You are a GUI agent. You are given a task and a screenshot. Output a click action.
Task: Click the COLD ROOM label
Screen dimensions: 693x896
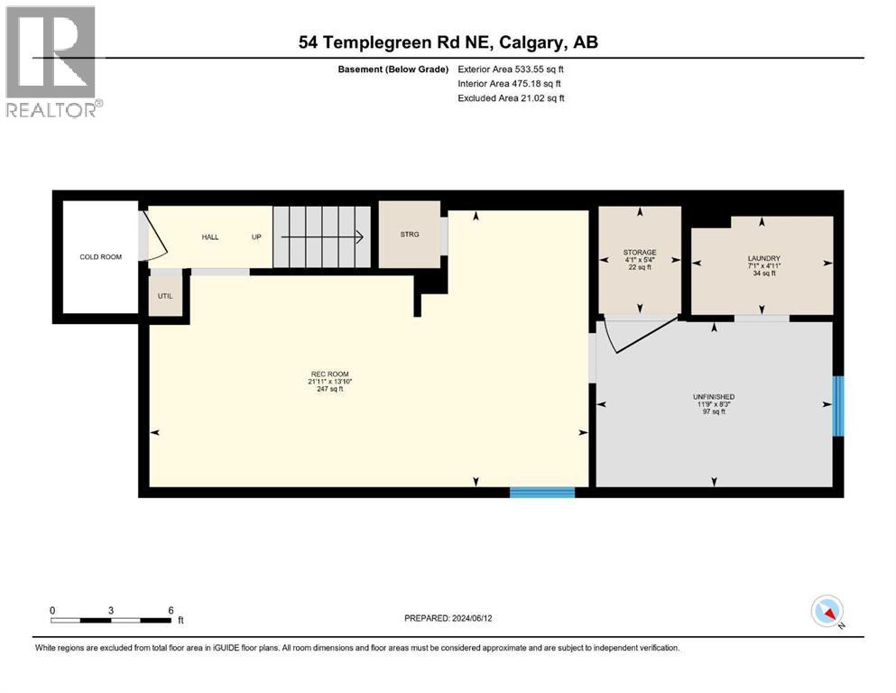click(100, 257)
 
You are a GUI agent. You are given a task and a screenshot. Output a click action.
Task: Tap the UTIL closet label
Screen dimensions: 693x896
click(165, 296)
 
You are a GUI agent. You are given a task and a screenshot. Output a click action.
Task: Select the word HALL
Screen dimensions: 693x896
click(209, 236)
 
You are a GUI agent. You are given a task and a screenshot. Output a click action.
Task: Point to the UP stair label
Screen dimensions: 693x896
click(256, 236)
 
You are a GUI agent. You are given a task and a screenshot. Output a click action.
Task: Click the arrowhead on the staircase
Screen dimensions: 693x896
click(358, 238)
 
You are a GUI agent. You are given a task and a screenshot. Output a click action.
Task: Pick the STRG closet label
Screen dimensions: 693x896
click(410, 235)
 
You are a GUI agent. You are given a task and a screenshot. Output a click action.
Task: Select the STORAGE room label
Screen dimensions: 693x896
click(639, 253)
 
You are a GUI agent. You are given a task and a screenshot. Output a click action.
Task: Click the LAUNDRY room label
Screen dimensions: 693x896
click(762, 259)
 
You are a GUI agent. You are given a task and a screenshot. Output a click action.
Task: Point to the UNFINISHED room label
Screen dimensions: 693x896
click(714, 396)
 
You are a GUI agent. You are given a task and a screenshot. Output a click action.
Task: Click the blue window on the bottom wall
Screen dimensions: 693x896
click(542, 493)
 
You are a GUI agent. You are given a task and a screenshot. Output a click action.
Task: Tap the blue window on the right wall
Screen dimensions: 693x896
click(838, 406)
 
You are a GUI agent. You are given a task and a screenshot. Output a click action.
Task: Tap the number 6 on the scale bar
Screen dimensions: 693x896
click(171, 610)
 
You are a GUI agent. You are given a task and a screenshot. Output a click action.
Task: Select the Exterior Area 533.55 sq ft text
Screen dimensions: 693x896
click(514, 69)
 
